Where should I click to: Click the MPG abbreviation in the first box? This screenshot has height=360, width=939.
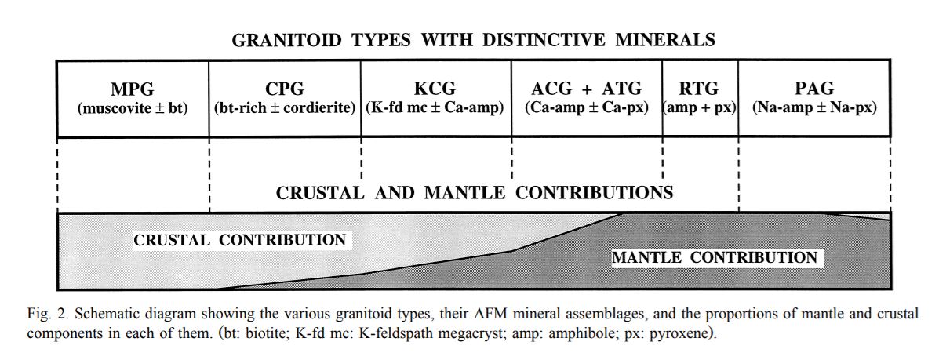point(133,89)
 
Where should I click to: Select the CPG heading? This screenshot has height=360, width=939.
point(285,89)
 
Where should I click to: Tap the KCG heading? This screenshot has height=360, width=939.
point(435,89)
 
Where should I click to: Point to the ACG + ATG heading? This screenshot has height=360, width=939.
point(586,89)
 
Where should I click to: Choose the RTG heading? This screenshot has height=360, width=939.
point(700,89)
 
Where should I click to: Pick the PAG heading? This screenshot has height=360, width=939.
point(813,89)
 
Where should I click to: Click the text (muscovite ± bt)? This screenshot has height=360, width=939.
point(133,108)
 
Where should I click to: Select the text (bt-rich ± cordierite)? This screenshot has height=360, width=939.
point(285,108)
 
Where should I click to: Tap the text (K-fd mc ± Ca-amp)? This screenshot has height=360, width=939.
point(435,108)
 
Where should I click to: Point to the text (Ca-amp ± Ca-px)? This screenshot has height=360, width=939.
point(586,108)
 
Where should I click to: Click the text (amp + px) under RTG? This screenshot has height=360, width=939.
point(700,108)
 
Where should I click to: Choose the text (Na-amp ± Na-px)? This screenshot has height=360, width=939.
point(813,108)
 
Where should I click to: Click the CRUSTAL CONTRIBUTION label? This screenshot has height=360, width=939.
point(239,241)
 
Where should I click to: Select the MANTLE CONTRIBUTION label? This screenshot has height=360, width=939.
point(714,258)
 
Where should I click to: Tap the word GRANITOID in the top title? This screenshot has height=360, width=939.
point(287,41)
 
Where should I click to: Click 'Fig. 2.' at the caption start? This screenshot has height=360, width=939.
point(44,315)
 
